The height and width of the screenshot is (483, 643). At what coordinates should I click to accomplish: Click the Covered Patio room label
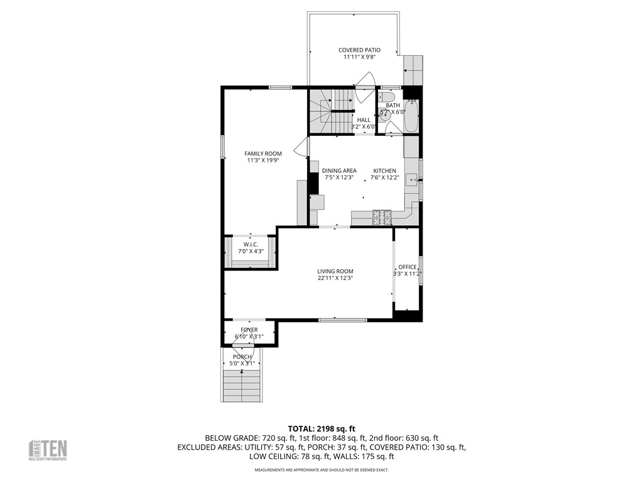click(x=359, y=50)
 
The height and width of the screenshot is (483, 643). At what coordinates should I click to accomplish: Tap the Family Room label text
click(x=263, y=153)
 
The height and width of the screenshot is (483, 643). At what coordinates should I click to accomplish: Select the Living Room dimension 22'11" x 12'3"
click(x=335, y=278)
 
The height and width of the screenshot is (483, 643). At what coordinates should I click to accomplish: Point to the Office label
click(x=407, y=267)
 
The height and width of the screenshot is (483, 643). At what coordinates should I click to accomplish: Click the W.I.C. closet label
click(x=251, y=244)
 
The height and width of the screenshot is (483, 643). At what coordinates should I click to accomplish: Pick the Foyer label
click(x=249, y=330)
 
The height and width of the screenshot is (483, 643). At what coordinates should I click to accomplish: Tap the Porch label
click(x=242, y=357)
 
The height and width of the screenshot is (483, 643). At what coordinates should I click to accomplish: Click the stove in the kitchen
click(x=382, y=218)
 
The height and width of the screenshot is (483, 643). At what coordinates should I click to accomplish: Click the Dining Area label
click(x=339, y=170)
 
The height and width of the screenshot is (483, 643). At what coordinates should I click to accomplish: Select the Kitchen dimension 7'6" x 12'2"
click(x=385, y=177)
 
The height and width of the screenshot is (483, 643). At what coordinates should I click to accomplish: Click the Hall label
click(x=364, y=119)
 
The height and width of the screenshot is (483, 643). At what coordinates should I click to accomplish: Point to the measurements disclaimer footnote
click(x=321, y=470)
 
